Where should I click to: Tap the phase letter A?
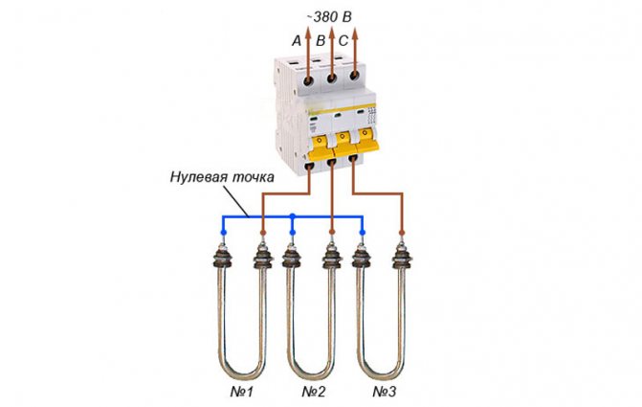click(x=296, y=40)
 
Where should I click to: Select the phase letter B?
click(x=320, y=40)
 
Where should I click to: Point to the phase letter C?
click(x=344, y=40)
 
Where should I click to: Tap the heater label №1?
click(x=243, y=392)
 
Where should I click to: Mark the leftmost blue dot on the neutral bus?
click(x=224, y=233)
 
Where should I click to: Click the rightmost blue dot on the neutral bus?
click(x=362, y=233)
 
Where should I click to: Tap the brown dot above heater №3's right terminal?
click(x=402, y=233)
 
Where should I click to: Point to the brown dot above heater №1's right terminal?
click(x=261, y=233)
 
